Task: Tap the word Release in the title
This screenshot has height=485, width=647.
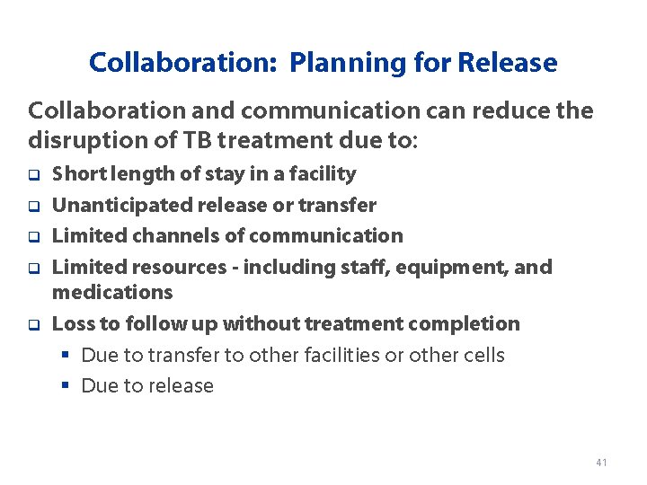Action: (507, 64)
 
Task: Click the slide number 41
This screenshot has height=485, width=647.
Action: (601, 463)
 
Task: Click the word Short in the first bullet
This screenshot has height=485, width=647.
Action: (75, 174)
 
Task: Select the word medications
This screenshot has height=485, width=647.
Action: (112, 292)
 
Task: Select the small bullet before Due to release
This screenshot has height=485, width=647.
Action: (64, 386)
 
